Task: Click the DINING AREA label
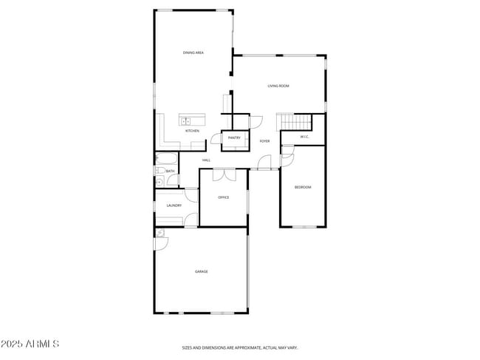[x=193, y=52]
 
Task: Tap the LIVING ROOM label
[x=278, y=86]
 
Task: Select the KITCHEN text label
[x=192, y=131]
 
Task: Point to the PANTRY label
[x=234, y=137]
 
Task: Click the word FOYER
[x=264, y=140]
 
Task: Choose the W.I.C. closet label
[x=304, y=137]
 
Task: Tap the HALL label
[x=206, y=160]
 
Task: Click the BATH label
[x=170, y=171]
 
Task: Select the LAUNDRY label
[x=174, y=206]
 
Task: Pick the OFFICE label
[x=223, y=197]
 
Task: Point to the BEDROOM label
[x=303, y=187]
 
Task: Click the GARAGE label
[x=201, y=271]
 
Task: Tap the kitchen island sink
[x=185, y=120]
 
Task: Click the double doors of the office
[x=224, y=174]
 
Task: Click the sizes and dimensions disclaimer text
[x=240, y=347]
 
